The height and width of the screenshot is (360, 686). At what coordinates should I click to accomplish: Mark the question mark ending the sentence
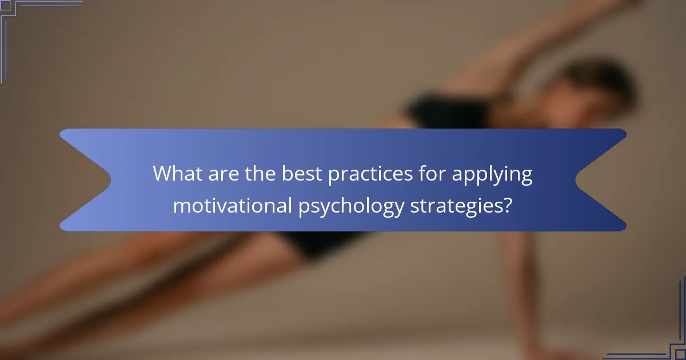click(x=506, y=205)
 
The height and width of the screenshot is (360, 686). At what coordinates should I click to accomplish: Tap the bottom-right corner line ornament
click(x=657, y=337)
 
